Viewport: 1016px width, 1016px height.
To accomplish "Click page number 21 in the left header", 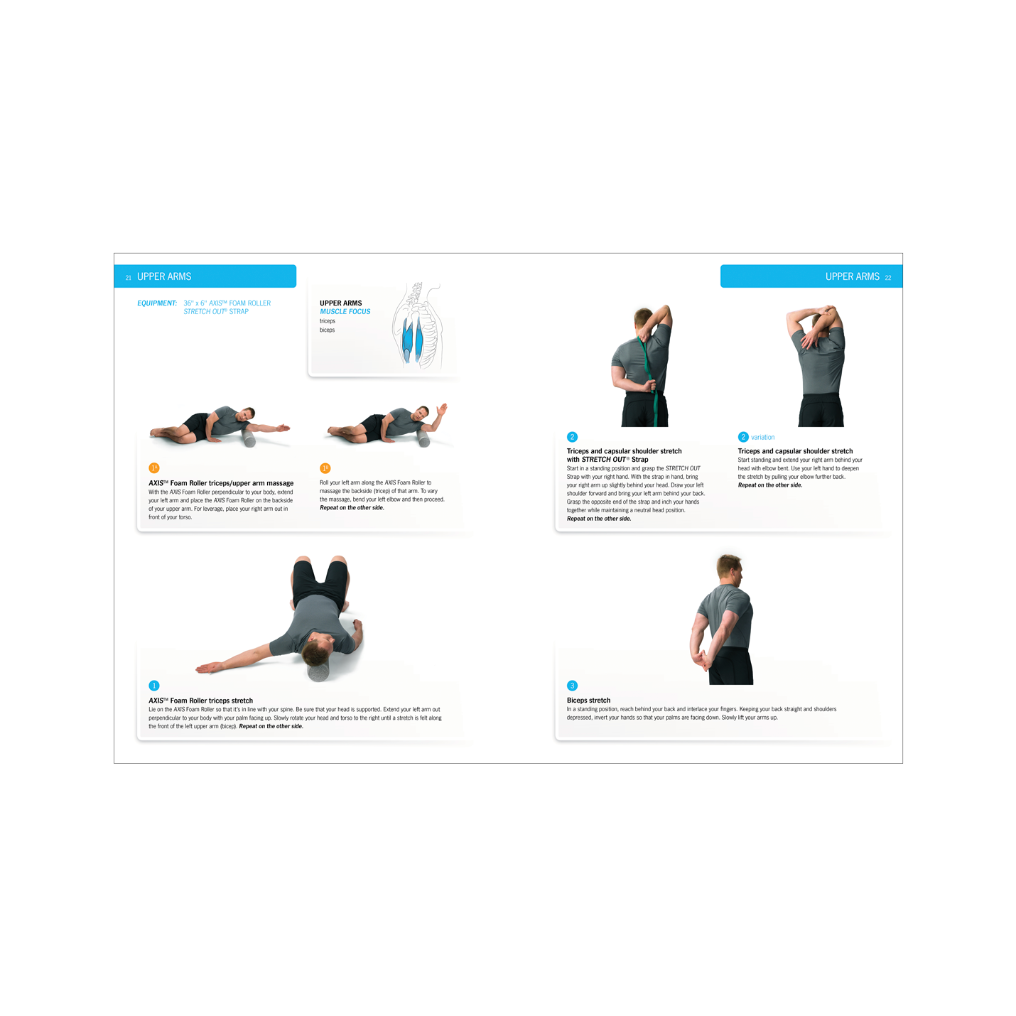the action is coord(128,278).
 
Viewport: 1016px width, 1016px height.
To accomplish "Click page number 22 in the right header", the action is coord(888,278).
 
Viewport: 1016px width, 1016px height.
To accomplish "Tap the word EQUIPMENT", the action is coord(157,303).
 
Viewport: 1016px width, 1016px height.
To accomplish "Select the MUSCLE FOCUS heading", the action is coord(345,312).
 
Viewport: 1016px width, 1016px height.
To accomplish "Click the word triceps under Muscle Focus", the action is coord(328,321).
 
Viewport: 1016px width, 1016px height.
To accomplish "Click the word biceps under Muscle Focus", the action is coord(327,330).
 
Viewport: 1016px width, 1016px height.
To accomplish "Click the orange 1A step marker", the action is coord(154,468).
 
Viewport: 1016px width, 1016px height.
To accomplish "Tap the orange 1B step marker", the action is coord(325,468).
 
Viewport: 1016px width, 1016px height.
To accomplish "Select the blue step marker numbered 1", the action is coord(154,686).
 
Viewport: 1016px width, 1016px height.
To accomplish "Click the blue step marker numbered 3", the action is coord(572,686).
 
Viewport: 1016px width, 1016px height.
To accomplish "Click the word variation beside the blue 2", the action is coord(762,437).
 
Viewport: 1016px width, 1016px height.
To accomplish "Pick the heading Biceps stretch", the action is coord(588,700).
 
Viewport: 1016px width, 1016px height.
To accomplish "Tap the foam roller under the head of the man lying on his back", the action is coord(318,671).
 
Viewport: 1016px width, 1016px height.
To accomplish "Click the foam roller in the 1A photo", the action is coord(249,438).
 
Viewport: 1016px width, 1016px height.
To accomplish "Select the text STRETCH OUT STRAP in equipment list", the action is coord(216,312).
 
